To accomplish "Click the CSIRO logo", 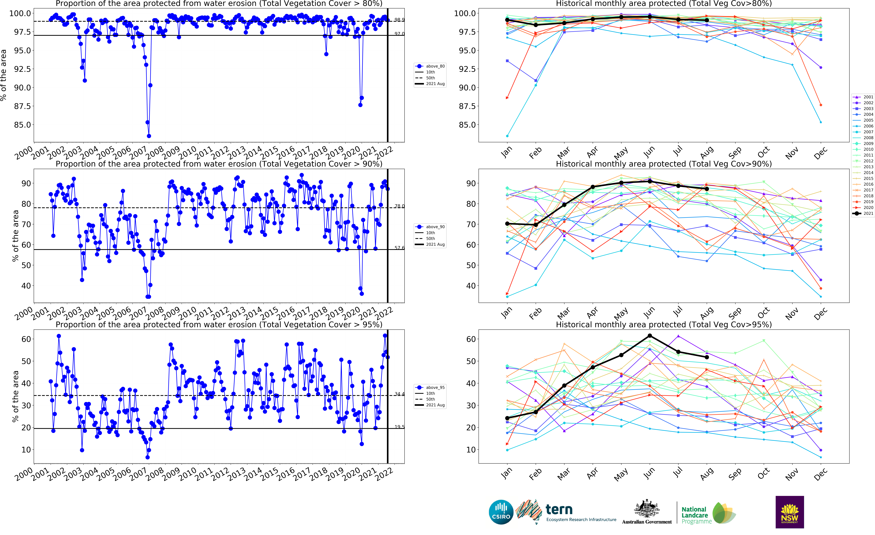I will [501, 512].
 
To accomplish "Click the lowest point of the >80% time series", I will [149, 136].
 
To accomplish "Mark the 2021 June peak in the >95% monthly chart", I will [650, 336].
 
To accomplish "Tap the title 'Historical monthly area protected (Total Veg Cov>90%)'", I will [663, 164].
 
